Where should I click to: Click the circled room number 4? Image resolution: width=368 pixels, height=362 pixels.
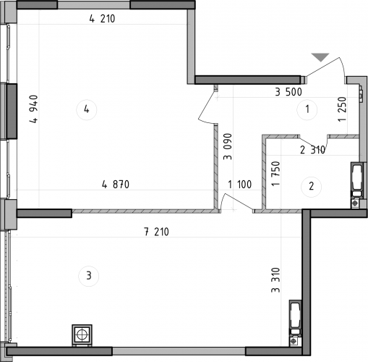(x=86, y=110)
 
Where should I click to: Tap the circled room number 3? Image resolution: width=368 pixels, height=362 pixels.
(x=89, y=276)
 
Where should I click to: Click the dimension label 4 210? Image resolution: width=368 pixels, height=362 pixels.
(x=103, y=20)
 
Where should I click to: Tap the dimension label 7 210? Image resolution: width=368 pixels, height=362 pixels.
(x=157, y=232)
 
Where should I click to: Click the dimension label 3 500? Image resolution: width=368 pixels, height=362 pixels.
(x=288, y=92)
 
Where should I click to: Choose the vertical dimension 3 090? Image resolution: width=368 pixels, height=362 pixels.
(x=227, y=146)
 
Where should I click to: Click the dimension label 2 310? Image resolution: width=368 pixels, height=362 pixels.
(x=312, y=151)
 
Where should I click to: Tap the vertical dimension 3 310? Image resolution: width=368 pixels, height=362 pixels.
(x=275, y=280)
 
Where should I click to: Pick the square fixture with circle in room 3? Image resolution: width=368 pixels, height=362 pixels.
(x=82, y=335)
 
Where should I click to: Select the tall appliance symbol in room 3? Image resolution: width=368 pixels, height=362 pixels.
(x=294, y=318)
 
